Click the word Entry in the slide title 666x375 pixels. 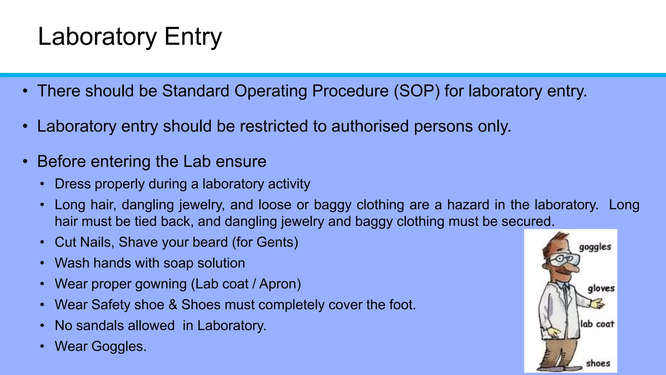point(193,37)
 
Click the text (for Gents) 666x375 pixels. point(265,242)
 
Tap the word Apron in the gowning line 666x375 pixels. point(278,284)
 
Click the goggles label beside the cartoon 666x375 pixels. point(595,247)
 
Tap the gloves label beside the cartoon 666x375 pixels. point(601,288)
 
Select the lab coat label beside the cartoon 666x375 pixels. point(597,324)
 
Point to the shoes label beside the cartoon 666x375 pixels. point(598,363)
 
